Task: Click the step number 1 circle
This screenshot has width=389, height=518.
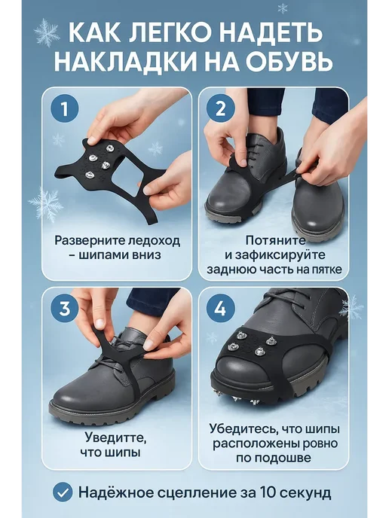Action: click(x=65, y=108)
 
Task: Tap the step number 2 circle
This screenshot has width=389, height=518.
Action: click(x=221, y=108)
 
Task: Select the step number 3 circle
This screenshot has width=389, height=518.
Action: click(x=65, y=309)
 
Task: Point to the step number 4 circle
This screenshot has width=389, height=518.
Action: click(x=221, y=309)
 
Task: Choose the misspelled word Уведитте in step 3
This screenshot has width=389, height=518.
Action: click(x=115, y=437)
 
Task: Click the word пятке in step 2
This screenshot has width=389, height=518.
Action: click(x=327, y=270)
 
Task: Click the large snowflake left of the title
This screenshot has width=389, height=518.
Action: click(x=47, y=32)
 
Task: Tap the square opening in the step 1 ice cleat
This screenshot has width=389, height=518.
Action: click(x=124, y=178)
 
